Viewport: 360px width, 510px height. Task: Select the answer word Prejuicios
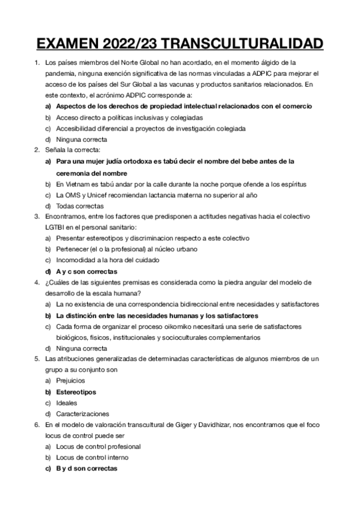click(x=71, y=381)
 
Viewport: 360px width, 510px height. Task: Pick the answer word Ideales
click(x=66, y=403)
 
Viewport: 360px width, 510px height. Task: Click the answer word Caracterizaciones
click(x=82, y=414)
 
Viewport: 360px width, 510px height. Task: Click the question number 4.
click(x=37, y=282)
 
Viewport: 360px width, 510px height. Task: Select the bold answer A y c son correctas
click(x=87, y=271)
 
